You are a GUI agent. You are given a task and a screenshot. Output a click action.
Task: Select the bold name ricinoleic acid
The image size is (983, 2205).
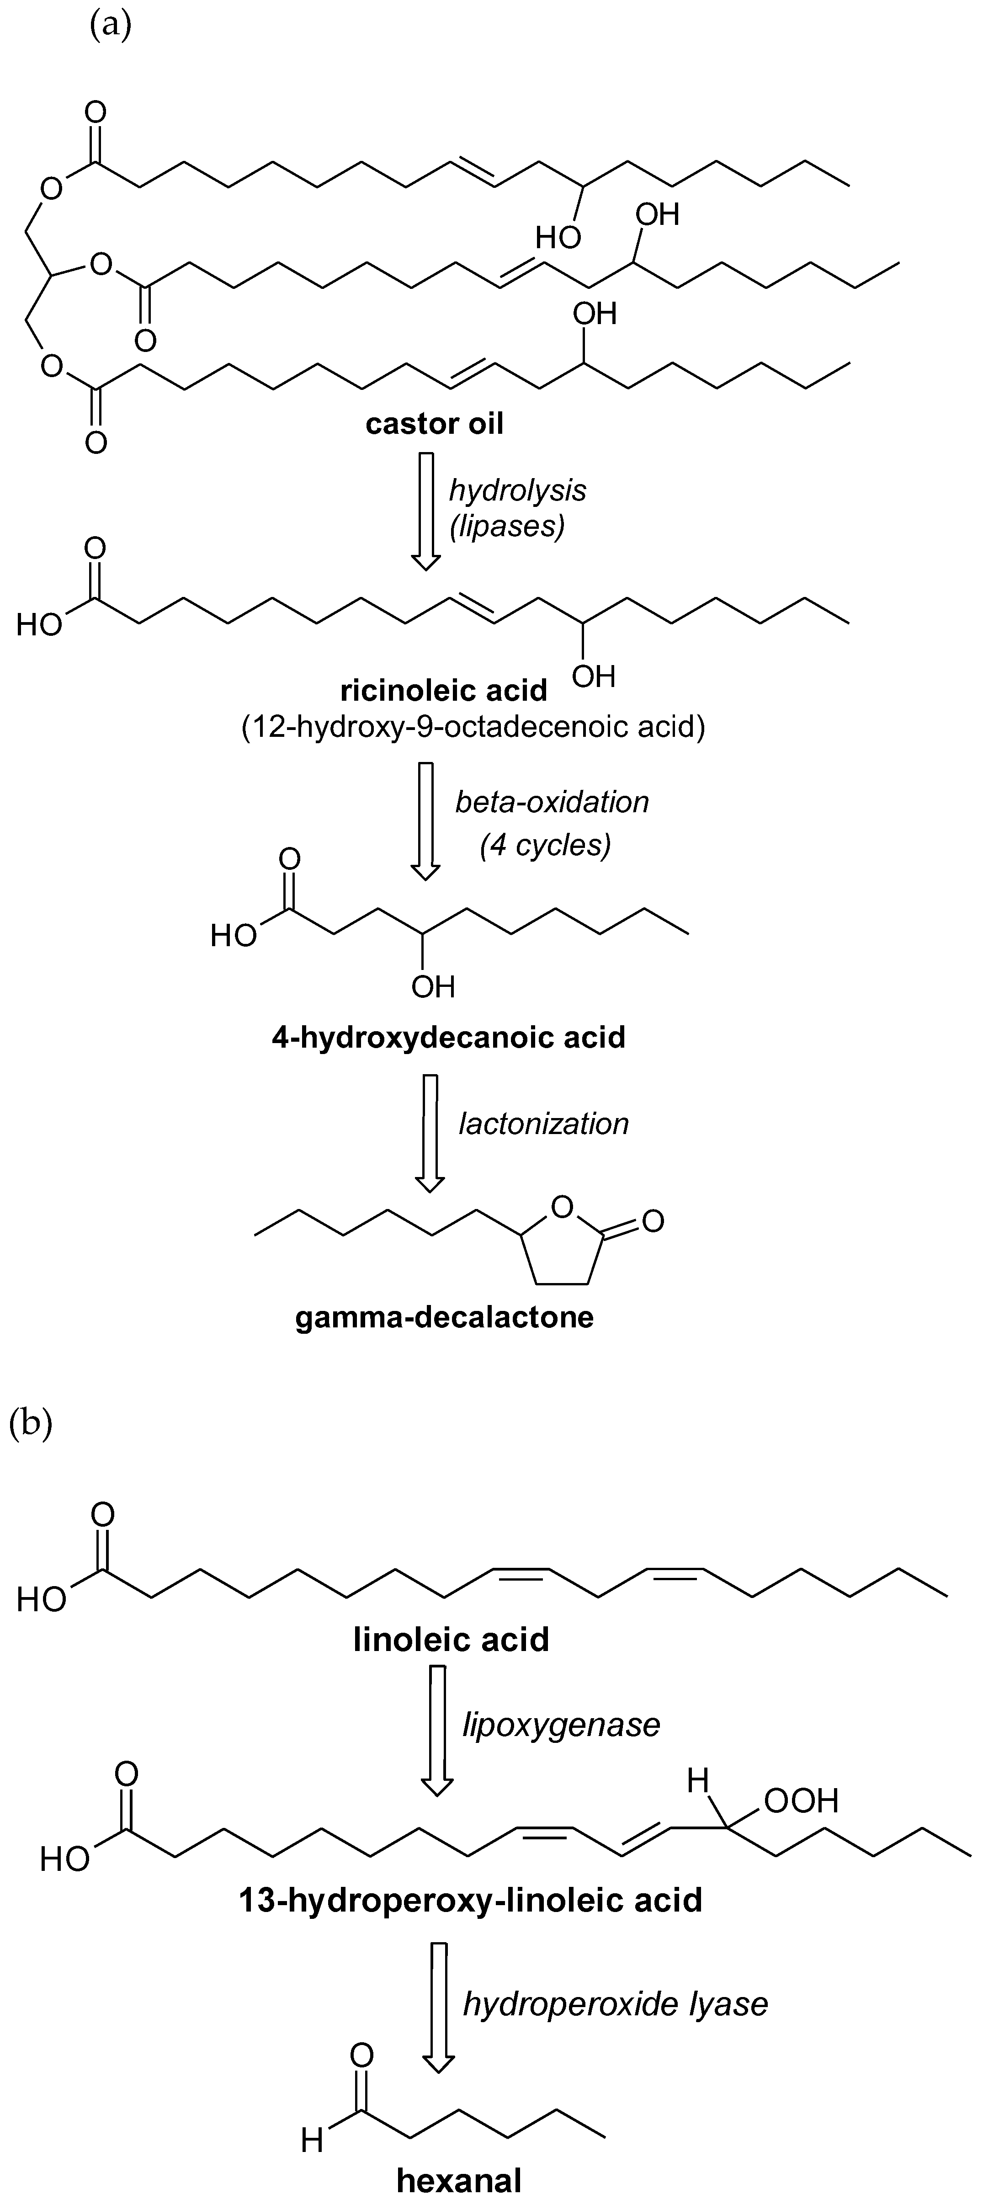tap(443, 689)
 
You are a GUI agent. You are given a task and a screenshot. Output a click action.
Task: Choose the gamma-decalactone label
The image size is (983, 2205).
tap(444, 1316)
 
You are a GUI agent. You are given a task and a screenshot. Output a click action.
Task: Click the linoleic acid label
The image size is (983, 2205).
tap(451, 1639)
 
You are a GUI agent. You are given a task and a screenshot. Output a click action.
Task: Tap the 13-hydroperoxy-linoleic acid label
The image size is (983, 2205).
tap(471, 1899)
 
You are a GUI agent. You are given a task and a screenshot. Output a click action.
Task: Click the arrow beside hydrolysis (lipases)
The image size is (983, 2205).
tap(426, 511)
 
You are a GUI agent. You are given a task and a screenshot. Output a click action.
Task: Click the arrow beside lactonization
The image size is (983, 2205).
tap(430, 1133)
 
